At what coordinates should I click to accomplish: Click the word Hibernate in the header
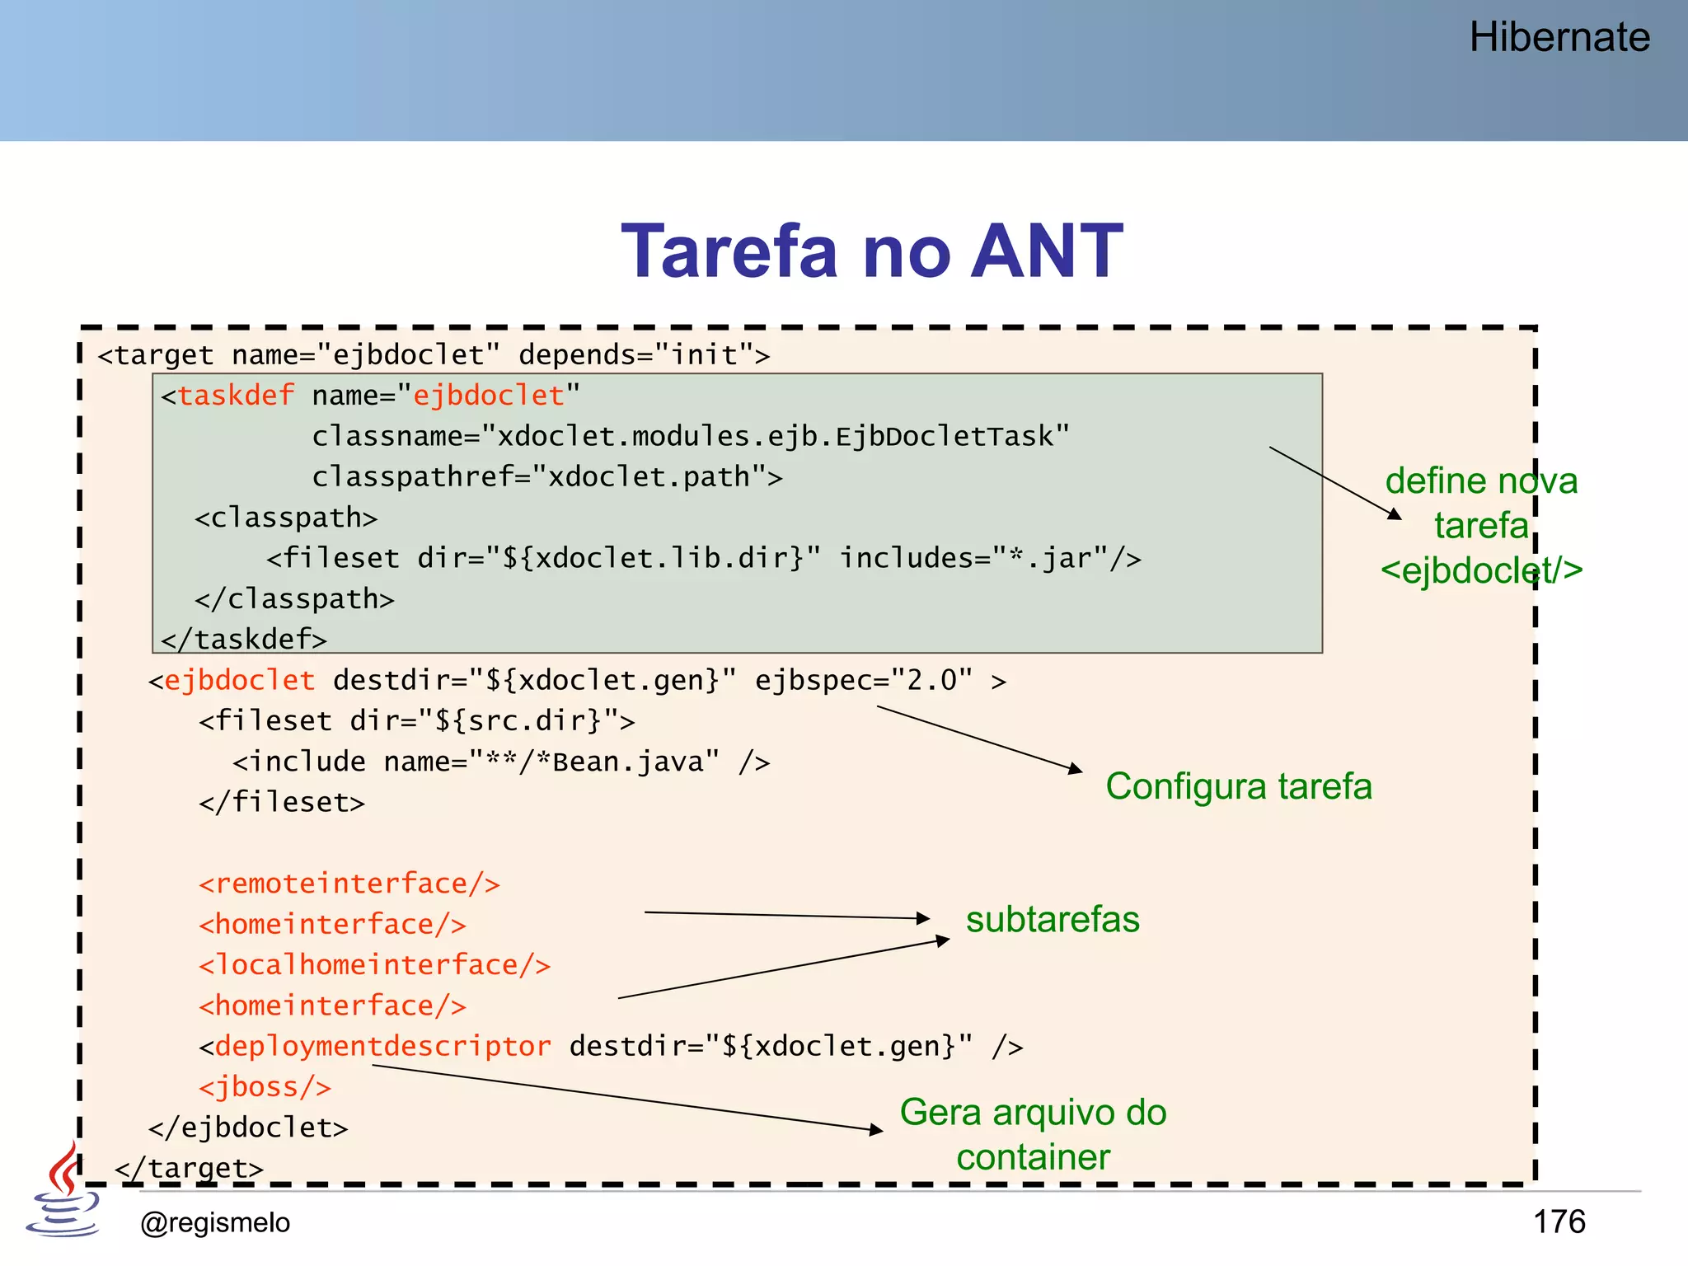[1559, 38]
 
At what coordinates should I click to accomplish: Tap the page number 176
[1559, 1221]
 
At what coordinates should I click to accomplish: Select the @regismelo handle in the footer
[215, 1222]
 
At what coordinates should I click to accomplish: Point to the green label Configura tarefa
[1239, 786]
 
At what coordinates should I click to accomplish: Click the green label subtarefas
[1053, 920]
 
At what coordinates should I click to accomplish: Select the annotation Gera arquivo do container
[1033, 1134]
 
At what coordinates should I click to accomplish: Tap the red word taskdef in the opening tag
[236, 396]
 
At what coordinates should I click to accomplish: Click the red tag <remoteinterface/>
[349, 884]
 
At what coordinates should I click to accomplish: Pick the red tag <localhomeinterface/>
[374, 965]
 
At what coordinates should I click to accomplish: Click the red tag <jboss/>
[265, 1087]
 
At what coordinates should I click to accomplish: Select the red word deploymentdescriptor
[382, 1047]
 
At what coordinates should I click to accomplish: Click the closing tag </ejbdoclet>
[248, 1128]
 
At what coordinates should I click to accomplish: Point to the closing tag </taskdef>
[244, 640]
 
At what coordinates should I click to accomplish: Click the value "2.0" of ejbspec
[931, 681]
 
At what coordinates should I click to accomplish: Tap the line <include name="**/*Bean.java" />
[501, 762]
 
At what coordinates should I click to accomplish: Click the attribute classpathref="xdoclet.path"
[547, 477]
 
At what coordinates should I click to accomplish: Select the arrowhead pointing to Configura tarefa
[1076, 769]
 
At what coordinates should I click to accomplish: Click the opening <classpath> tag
[286, 518]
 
